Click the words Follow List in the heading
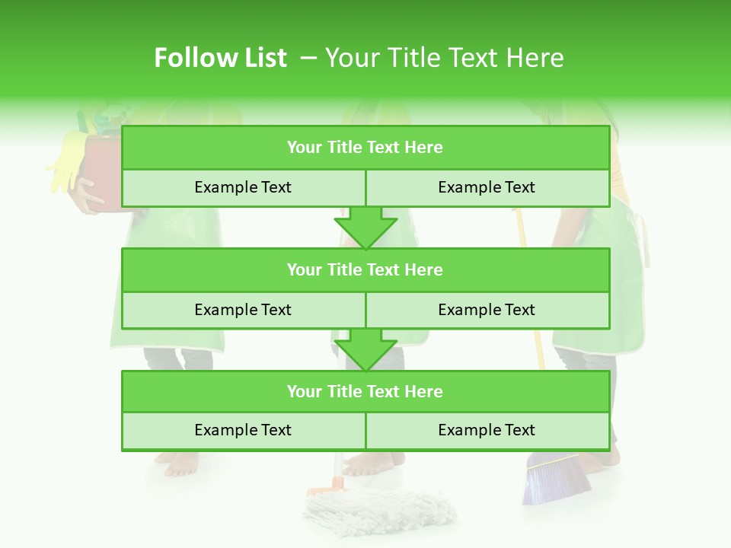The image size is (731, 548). click(220, 58)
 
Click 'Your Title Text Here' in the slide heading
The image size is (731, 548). click(444, 58)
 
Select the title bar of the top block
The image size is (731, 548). click(365, 148)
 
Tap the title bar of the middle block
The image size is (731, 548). click(365, 269)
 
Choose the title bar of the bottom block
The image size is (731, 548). click(365, 391)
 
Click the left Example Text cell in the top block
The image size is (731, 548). click(243, 187)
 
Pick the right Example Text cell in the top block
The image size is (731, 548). click(487, 187)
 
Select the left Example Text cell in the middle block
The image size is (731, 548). click(243, 310)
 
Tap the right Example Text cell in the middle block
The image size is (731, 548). click(487, 310)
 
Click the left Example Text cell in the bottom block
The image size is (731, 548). click(243, 430)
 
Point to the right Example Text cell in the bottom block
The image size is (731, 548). click(487, 430)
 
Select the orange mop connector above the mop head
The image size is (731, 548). click(324, 487)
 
